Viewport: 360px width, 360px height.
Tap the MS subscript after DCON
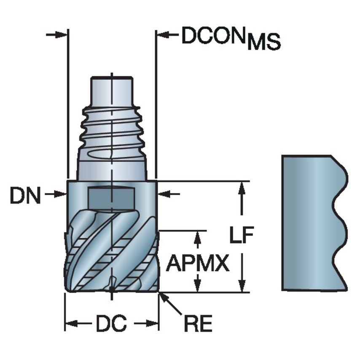point(264,43)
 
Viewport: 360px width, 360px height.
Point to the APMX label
point(198,264)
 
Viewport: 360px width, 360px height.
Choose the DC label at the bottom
point(111,324)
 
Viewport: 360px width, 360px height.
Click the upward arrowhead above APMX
point(196,237)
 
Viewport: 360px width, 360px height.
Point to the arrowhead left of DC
point(70,324)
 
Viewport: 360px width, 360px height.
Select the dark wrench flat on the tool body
point(111,196)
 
